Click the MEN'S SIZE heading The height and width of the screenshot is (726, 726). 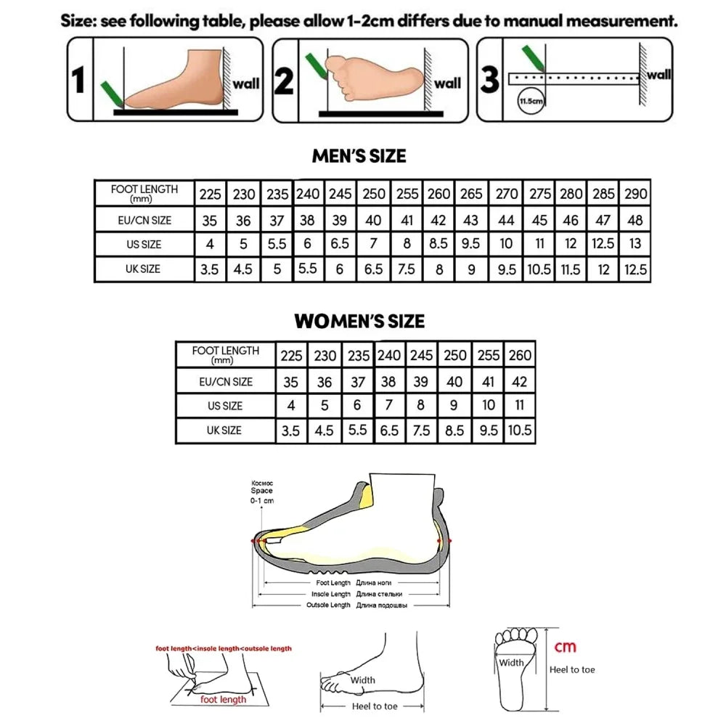[x=359, y=156]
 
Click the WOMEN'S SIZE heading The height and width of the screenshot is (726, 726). [x=359, y=321]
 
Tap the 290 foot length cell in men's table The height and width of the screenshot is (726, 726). [x=635, y=195]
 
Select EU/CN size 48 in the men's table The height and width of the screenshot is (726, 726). [x=635, y=219]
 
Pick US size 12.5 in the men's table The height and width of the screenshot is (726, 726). [x=602, y=244]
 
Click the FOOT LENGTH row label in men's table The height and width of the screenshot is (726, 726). [x=144, y=192]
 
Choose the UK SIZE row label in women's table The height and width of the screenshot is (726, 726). [x=224, y=431]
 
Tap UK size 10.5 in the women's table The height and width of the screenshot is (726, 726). [x=520, y=431]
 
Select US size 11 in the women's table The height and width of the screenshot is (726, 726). [x=520, y=406]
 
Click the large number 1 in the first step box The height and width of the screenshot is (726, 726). [x=80, y=80]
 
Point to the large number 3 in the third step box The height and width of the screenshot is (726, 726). [x=491, y=80]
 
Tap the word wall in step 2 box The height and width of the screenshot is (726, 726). [x=448, y=83]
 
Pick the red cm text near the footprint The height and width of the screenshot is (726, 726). [x=566, y=646]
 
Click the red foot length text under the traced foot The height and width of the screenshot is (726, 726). [x=223, y=700]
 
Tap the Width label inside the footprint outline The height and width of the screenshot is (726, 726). [x=510, y=662]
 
